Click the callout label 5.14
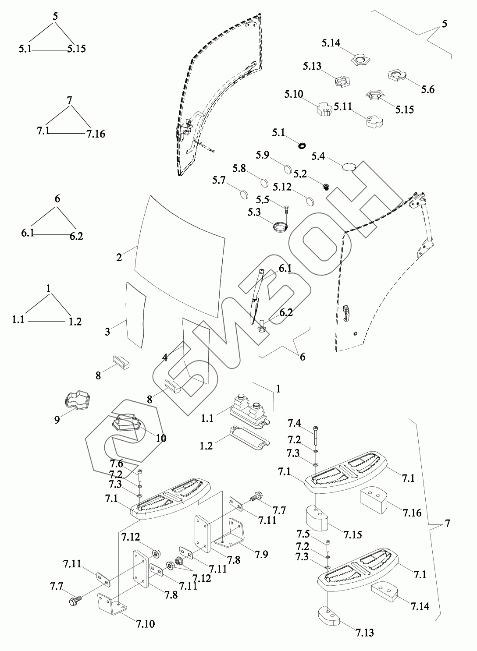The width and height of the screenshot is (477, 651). (331, 43)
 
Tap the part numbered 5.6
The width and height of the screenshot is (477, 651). (397, 75)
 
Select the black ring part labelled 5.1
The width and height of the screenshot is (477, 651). (302, 145)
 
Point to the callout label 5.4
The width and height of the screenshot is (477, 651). (318, 156)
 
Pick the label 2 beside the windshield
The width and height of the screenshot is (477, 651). (119, 257)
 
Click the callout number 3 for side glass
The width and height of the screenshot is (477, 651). (107, 332)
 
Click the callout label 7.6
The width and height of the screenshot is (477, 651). (116, 464)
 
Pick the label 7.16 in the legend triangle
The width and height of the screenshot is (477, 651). (96, 134)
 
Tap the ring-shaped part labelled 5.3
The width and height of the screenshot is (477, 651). (279, 228)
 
